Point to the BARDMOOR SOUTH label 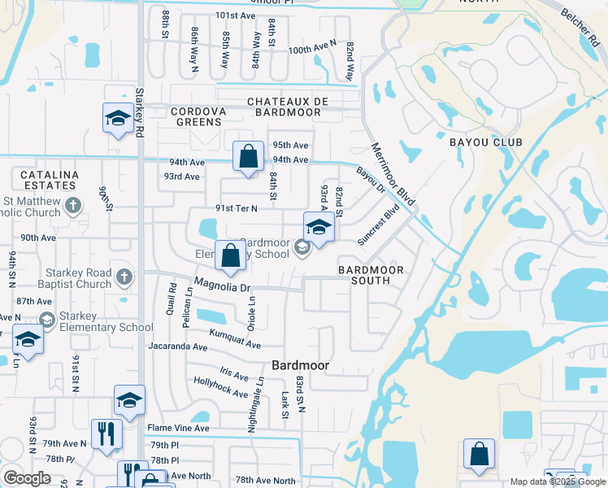pos(364,274)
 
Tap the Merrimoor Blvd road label pos(393,174)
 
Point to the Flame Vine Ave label pos(178,428)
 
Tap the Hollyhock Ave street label pos(220,387)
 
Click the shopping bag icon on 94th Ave pos(248,156)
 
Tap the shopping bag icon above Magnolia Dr pos(231,255)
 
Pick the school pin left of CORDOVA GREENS pos(118,119)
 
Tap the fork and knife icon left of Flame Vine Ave pos(106,434)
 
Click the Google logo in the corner pos(27,478)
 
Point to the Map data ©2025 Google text pos(557,481)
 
